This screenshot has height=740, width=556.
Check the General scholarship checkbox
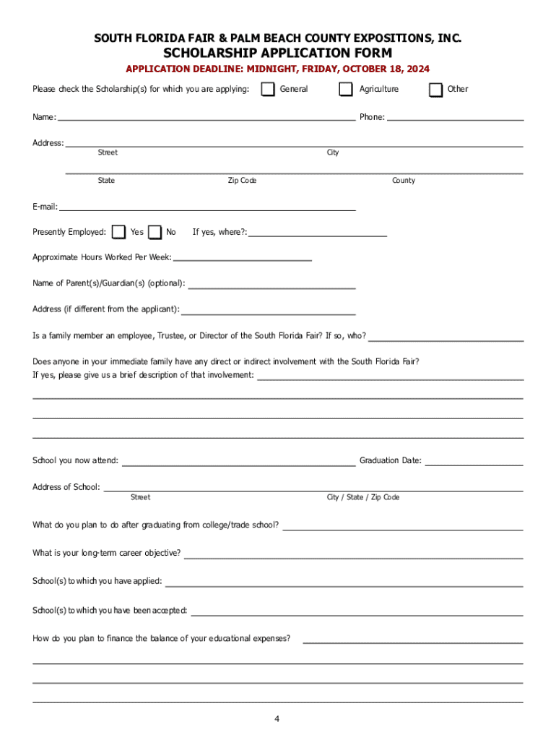(x=268, y=90)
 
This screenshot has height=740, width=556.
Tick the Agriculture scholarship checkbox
(x=346, y=90)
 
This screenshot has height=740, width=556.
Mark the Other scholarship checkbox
(x=435, y=90)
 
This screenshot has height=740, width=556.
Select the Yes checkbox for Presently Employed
(x=119, y=232)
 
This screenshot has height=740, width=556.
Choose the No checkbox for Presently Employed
(x=155, y=232)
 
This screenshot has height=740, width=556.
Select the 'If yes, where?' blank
(x=318, y=233)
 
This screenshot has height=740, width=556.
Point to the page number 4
(x=277, y=719)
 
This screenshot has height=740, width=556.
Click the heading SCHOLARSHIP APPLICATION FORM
(x=278, y=53)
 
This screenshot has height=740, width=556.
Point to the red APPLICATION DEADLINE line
(x=278, y=69)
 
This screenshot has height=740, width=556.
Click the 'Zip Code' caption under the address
(x=242, y=181)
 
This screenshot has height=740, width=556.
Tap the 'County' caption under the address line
(x=404, y=181)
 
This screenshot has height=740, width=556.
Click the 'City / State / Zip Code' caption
(x=363, y=497)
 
